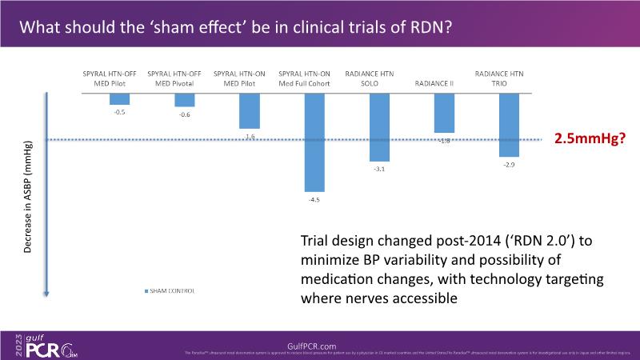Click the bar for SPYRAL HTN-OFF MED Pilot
(119, 98)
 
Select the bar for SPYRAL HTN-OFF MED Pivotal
(185, 99)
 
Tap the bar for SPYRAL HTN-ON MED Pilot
(250, 110)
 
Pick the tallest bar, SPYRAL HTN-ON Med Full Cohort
(314, 142)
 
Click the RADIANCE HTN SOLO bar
(379, 127)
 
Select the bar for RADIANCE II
(444, 112)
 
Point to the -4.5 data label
(314, 199)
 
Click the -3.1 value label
(379, 169)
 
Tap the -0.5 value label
(119, 111)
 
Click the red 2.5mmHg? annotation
(590, 138)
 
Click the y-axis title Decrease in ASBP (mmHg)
(28, 200)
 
